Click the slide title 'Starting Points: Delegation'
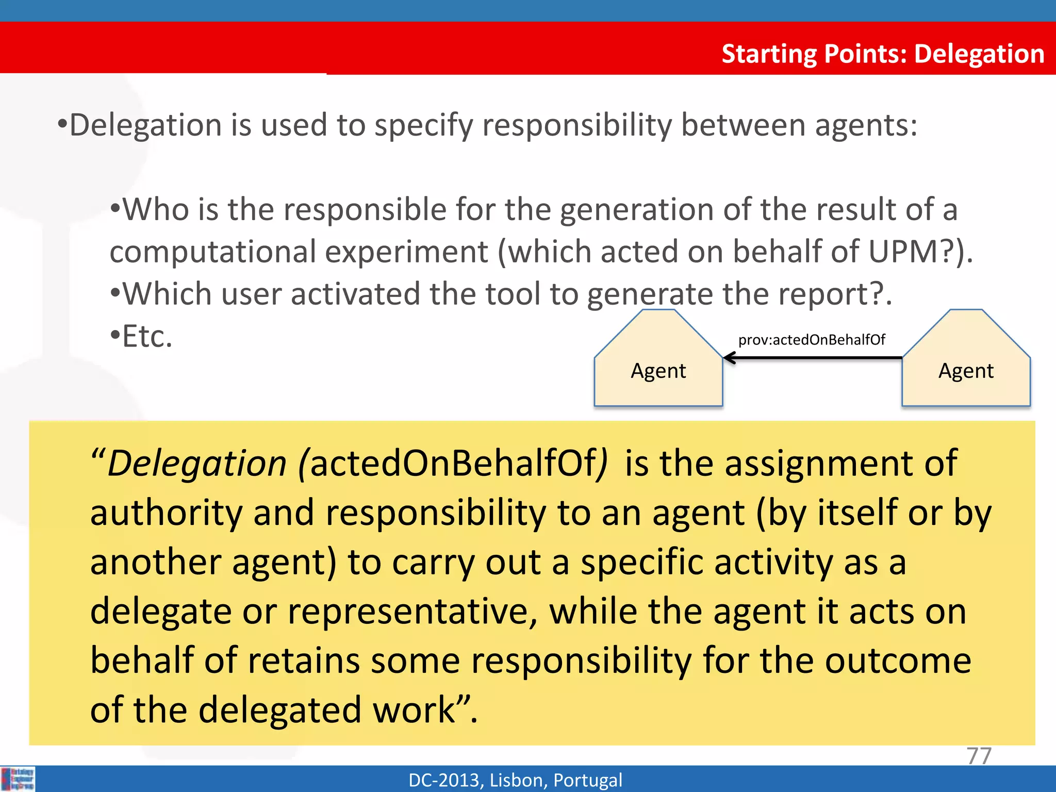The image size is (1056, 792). pyautogui.click(x=882, y=54)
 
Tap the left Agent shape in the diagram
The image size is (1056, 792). pyautogui.click(x=658, y=370)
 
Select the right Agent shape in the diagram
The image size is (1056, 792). pyautogui.click(x=966, y=370)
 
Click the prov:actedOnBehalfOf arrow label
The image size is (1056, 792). pyautogui.click(x=811, y=340)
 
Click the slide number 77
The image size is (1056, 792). pyautogui.click(x=979, y=755)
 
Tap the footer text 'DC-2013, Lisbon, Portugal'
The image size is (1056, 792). pyautogui.click(x=515, y=780)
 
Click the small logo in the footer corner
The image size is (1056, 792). pyautogui.click(x=18, y=779)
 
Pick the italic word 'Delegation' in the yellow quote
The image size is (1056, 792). pyautogui.click(x=196, y=463)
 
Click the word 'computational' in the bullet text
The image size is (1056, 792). pyautogui.click(x=213, y=252)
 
